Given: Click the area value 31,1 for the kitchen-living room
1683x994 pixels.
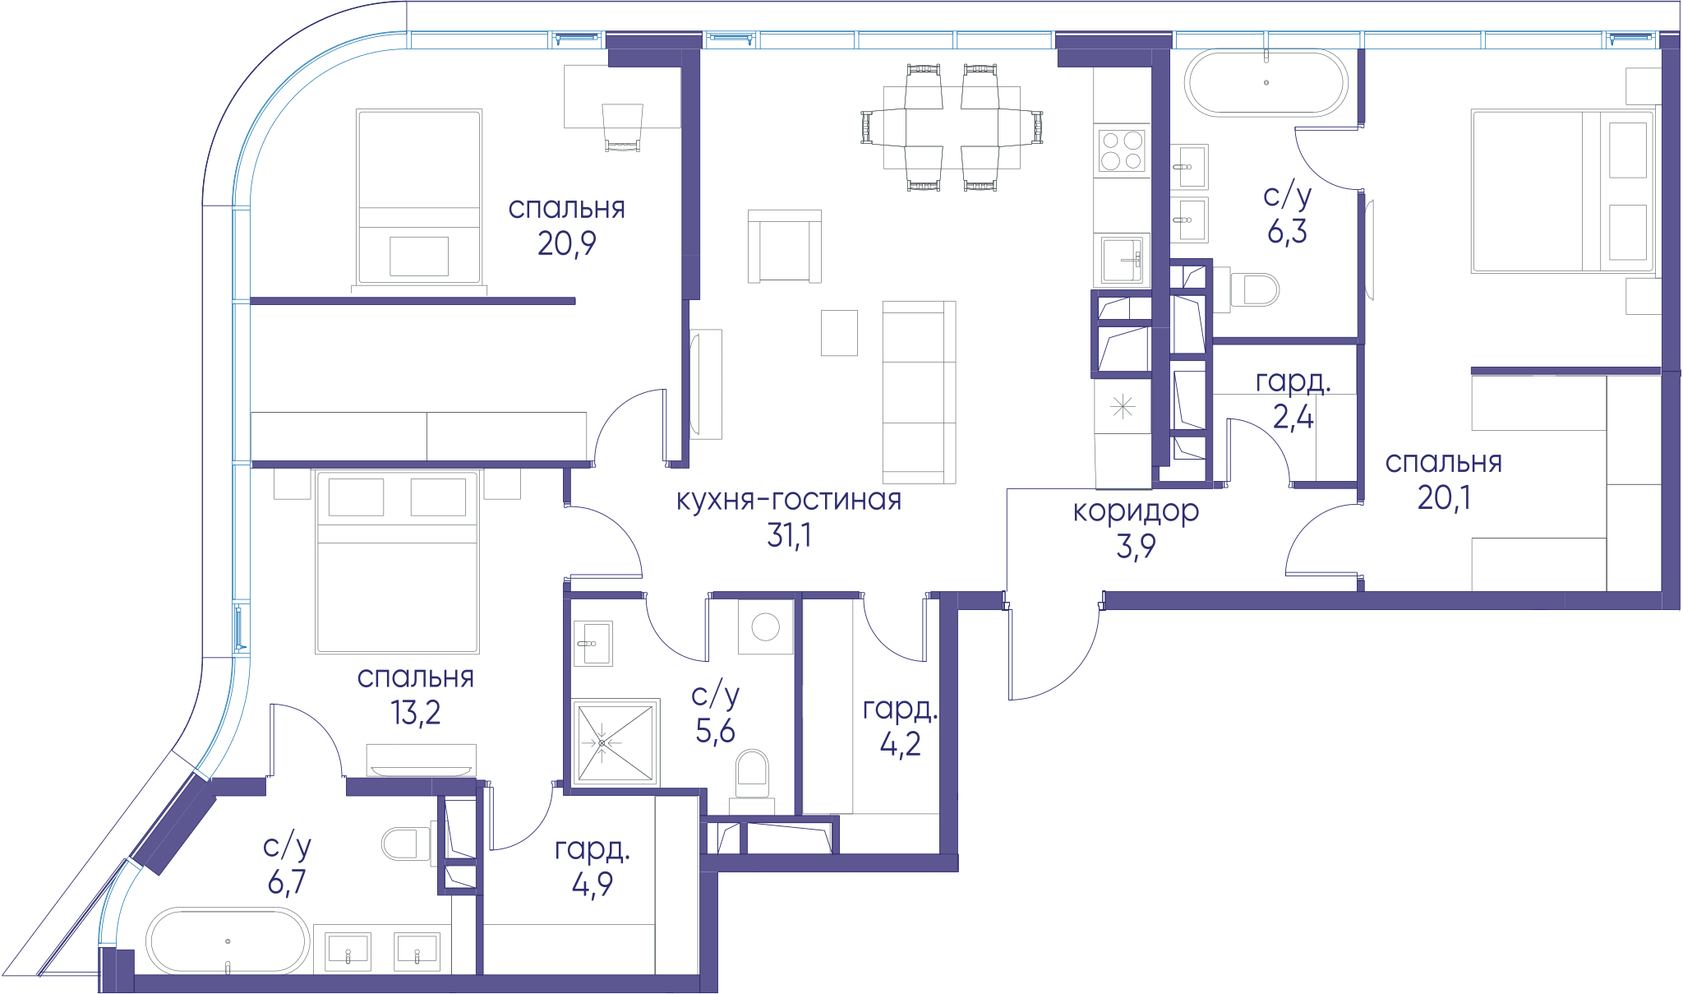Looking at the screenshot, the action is pyautogui.click(x=789, y=535).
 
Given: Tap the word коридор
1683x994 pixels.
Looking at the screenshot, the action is pyautogui.click(x=1136, y=511).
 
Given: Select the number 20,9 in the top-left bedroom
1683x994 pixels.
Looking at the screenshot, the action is pyautogui.click(x=567, y=243).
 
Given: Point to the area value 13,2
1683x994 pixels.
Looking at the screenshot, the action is pyautogui.click(x=416, y=712).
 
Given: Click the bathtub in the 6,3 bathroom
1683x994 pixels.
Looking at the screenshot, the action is pyautogui.click(x=1266, y=83).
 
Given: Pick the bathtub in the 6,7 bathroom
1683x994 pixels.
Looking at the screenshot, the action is pyautogui.click(x=228, y=941).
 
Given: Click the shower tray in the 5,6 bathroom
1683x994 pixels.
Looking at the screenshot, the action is pyautogui.click(x=616, y=742).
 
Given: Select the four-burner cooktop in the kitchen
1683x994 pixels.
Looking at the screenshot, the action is pyautogui.click(x=1122, y=150).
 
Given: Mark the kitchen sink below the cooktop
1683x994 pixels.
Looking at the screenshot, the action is pyautogui.click(x=1122, y=259).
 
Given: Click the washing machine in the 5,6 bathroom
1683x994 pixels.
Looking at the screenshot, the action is pyautogui.click(x=765, y=627).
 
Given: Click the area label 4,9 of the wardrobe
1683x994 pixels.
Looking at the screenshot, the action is pyautogui.click(x=593, y=885).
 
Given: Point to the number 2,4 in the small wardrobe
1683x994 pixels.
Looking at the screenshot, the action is pyautogui.click(x=1293, y=418).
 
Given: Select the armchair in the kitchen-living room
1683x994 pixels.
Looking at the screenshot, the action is pyautogui.click(x=785, y=247).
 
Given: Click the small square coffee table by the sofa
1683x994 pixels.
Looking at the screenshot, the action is pyautogui.click(x=839, y=333).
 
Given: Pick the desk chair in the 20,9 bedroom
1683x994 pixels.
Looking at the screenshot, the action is pyautogui.click(x=622, y=128).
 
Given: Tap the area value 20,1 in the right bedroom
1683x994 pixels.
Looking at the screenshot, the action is pyautogui.click(x=1444, y=497).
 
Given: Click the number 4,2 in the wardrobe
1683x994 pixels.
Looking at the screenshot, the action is pyautogui.click(x=900, y=744).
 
